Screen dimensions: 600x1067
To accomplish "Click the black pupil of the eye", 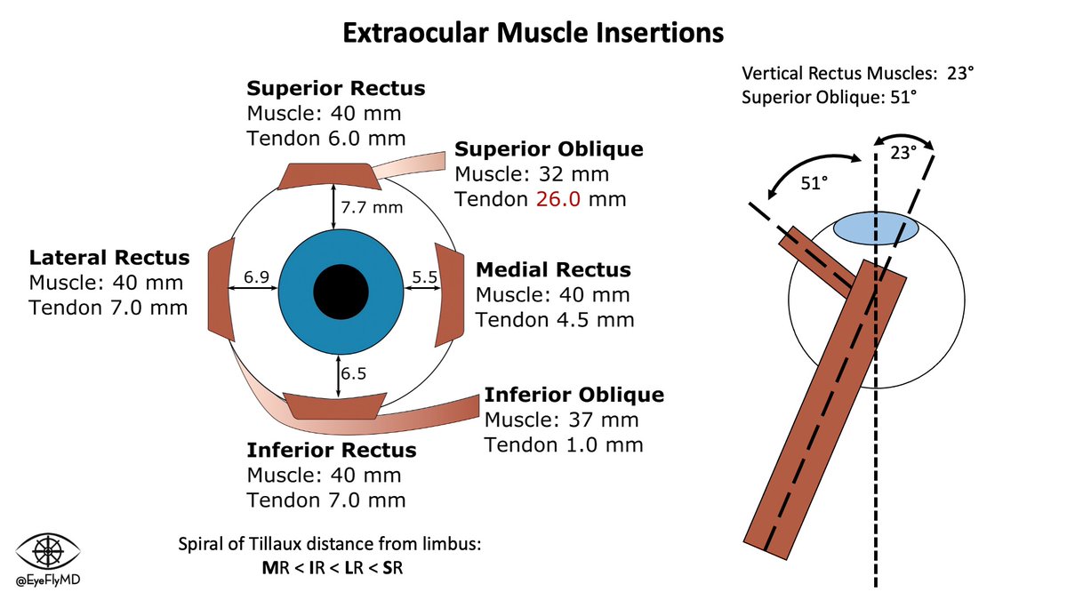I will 341,291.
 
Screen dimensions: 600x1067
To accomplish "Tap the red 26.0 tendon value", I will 556,200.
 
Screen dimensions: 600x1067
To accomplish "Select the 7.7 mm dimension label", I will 372,209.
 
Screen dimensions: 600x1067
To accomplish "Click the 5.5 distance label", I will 424,277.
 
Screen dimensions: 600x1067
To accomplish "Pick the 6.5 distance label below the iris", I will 353,373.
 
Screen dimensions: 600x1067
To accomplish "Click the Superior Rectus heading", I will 335,89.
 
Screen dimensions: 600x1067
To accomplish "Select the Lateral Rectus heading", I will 109,258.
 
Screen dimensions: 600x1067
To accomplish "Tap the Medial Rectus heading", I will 553,269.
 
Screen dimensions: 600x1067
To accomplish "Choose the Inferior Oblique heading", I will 574,395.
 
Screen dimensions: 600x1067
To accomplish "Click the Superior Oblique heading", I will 548,148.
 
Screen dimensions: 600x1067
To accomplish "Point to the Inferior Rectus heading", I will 331,450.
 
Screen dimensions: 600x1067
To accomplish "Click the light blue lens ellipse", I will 875,228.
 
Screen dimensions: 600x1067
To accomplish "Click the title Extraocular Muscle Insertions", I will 533,34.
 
